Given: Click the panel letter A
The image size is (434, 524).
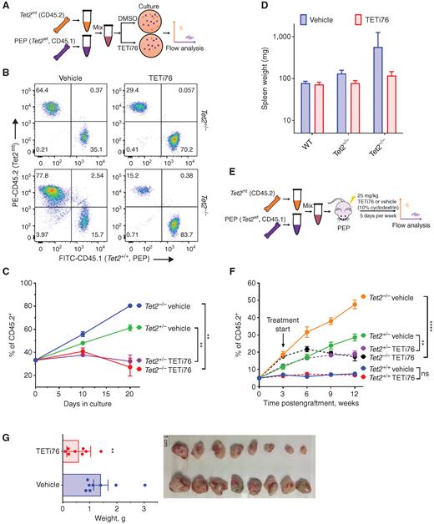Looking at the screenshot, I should [6, 6].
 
